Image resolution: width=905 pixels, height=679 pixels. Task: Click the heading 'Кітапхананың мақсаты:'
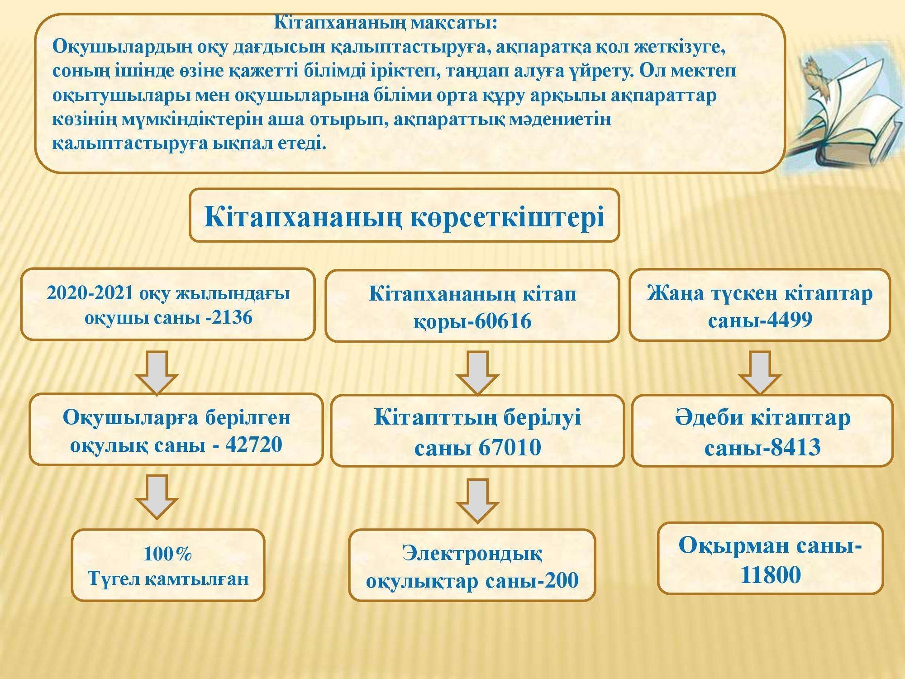click(x=386, y=23)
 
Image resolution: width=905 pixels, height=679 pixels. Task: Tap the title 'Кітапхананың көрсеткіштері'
click(x=404, y=216)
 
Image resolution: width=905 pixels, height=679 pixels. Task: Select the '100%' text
click(x=167, y=554)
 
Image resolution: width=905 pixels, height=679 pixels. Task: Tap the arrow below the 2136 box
click(x=157, y=372)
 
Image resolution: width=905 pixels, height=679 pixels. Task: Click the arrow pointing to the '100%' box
click(x=157, y=496)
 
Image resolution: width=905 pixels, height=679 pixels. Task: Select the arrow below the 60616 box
click(x=477, y=373)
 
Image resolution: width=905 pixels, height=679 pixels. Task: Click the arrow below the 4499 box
click(x=760, y=372)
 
